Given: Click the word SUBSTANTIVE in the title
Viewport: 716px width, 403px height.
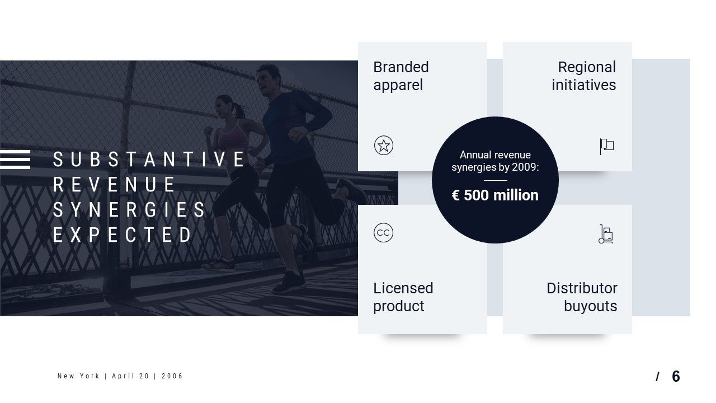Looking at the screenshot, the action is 149,160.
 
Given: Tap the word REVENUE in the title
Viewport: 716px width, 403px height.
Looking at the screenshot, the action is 114,185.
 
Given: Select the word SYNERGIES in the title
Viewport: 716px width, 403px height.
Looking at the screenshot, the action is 129,210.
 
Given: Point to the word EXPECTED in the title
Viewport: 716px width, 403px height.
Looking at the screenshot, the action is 122,235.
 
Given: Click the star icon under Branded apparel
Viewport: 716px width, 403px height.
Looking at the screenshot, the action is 384,146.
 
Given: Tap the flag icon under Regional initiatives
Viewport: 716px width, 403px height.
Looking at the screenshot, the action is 607,146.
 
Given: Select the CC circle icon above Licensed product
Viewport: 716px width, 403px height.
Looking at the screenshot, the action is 383,232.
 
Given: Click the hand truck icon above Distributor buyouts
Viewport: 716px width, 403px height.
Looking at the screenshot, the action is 606,234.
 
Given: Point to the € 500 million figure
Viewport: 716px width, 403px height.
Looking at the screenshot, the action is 495,195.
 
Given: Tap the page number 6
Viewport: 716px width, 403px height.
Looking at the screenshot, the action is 676,377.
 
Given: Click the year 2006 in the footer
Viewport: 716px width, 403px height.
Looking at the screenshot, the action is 172,376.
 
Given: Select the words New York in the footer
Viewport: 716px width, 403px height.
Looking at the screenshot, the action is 78,376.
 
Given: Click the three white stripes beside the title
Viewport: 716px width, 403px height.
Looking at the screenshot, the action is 15,160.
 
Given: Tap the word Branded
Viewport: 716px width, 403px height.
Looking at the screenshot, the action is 401,67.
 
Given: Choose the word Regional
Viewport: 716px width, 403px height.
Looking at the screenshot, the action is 587,67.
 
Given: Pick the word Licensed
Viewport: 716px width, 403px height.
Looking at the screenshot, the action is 403,288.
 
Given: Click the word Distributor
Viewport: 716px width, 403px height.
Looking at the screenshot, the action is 582,288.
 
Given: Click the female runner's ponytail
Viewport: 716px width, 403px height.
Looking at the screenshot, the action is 240,111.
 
